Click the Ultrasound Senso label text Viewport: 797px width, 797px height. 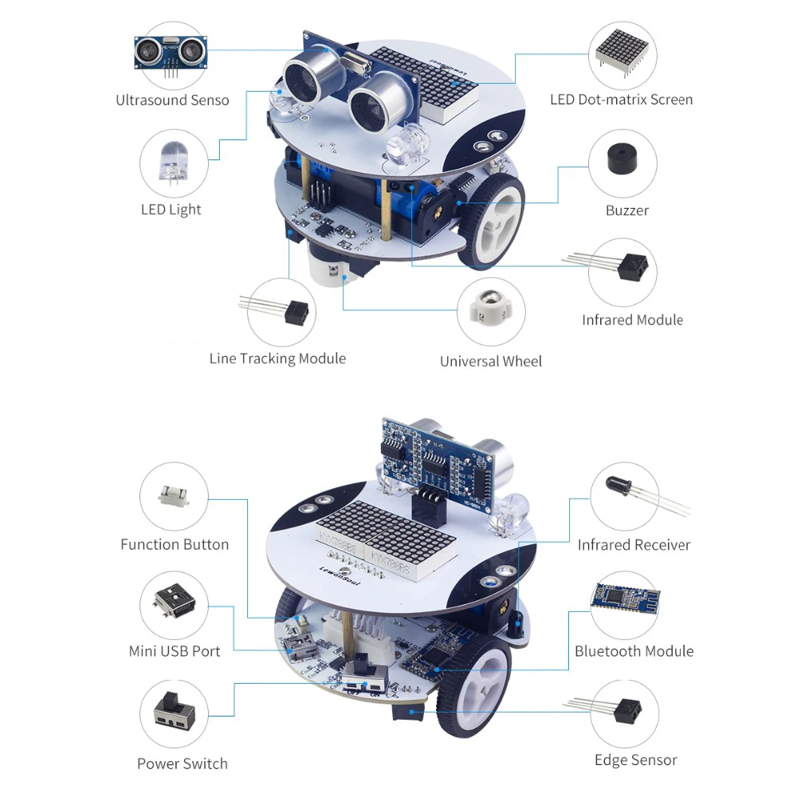pyautogui.click(x=172, y=100)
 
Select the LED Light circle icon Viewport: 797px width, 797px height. pyautogui.click(x=173, y=163)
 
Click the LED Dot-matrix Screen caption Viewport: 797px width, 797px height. pyautogui.click(x=621, y=100)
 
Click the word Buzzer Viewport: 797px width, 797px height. pyautogui.click(x=627, y=210)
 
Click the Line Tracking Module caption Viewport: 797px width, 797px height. pyautogui.click(x=277, y=359)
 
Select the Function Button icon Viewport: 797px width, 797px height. pyautogui.click(x=174, y=496)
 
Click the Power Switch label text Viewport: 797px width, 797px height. pyautogui.click(x=183, y=764)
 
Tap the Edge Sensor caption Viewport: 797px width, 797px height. pyautogui.click(x=636, y=760)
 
